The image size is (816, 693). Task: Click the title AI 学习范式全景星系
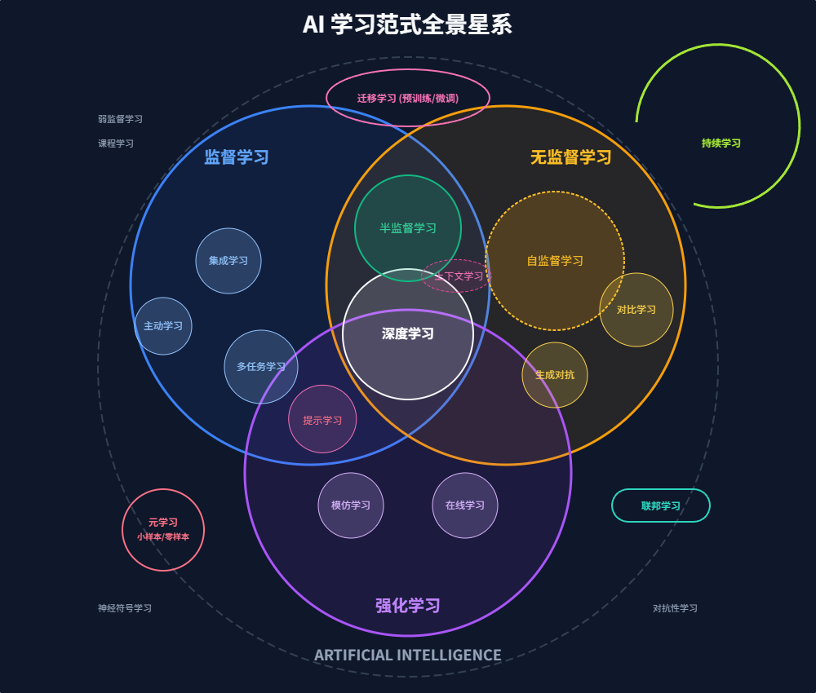coord(407,24)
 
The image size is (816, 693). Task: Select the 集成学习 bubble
coord(228,261)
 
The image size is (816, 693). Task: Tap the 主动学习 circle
coord(163,326)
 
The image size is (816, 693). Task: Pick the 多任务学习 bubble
coord(261,367)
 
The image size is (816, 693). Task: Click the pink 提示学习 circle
coord(322,420)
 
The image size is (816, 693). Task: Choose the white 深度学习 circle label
coord(408,333)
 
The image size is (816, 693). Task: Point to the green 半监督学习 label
coord(408,228)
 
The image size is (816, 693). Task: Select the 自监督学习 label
coord(555,261)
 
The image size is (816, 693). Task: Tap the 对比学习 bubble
coord(636,310)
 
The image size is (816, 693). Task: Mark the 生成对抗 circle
coord(555,375)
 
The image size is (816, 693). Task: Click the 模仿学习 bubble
coord(351,505)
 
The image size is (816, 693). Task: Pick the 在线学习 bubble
coord(465,505)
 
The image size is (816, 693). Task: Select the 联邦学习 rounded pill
coord(661,505)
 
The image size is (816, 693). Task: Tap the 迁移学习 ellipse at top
coord(408,98)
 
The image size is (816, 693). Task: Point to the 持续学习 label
coord(721,143)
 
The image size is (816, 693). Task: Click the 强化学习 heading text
coord(408,606)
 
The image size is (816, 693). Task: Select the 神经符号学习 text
coord(125,608)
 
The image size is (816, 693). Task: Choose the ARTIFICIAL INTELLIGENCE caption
coord(408,655)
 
